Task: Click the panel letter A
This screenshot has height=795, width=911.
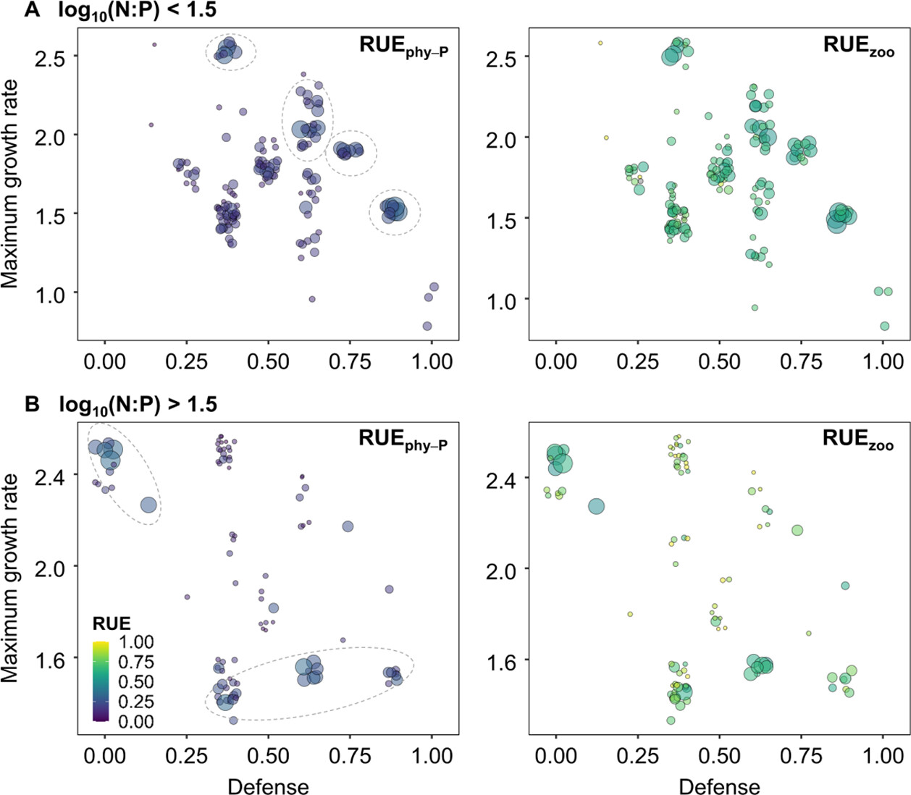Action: (x=32, y=9)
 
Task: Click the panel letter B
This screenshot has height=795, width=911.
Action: (x=32, y=403)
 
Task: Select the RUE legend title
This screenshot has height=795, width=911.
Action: (x=112, y=624)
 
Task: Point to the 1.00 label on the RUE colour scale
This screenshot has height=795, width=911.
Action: (x=136, y=642)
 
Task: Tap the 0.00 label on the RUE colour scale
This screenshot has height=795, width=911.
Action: (x=136, y=721)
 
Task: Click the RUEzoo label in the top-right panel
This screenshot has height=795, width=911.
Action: (x=858, y=46)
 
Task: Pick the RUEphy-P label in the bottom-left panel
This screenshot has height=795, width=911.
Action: (x=403, y=439)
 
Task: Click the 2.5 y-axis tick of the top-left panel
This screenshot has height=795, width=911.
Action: (x=50, y=57)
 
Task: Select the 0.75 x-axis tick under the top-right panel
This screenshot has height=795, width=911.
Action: (x=801, y=361)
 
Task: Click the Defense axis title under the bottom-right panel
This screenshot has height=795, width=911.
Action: (x=719, y=787)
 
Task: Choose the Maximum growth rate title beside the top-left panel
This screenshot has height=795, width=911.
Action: (x=10, y=184)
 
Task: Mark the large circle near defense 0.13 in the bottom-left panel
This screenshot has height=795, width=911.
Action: (x=148, y=505)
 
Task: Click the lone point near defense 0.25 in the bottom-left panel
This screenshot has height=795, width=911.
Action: (x=187, y=597)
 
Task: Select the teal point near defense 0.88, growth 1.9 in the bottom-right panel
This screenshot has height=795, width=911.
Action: (x=844, y=586)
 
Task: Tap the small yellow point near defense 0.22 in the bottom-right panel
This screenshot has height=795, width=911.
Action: (x=630, y=614)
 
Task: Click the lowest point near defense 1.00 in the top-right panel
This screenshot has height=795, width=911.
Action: (x=884, y=326)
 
